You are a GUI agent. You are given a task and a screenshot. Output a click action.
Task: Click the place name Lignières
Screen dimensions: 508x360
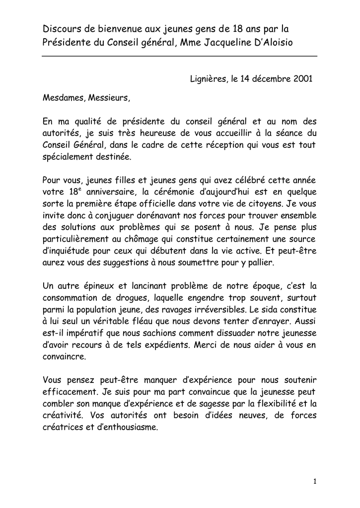coord(207,79)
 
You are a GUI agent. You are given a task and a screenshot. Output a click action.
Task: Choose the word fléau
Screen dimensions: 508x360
coord(143,322)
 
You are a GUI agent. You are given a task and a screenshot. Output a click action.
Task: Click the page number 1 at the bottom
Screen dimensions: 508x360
coord(315,481)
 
